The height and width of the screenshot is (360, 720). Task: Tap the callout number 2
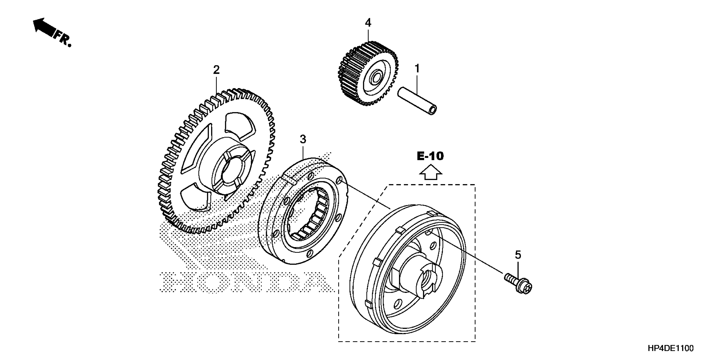pyautogui.click(x=216, y=70)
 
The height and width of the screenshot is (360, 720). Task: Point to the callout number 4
pyautogui.click(x=368, y=23)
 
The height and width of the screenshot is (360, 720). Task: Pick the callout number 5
pyautogui.click(x=518, y=255)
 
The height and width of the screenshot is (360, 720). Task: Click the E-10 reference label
pyautogui.click(x=430, y=156)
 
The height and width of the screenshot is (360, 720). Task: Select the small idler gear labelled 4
pyautogui.click(x=368, y=74)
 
